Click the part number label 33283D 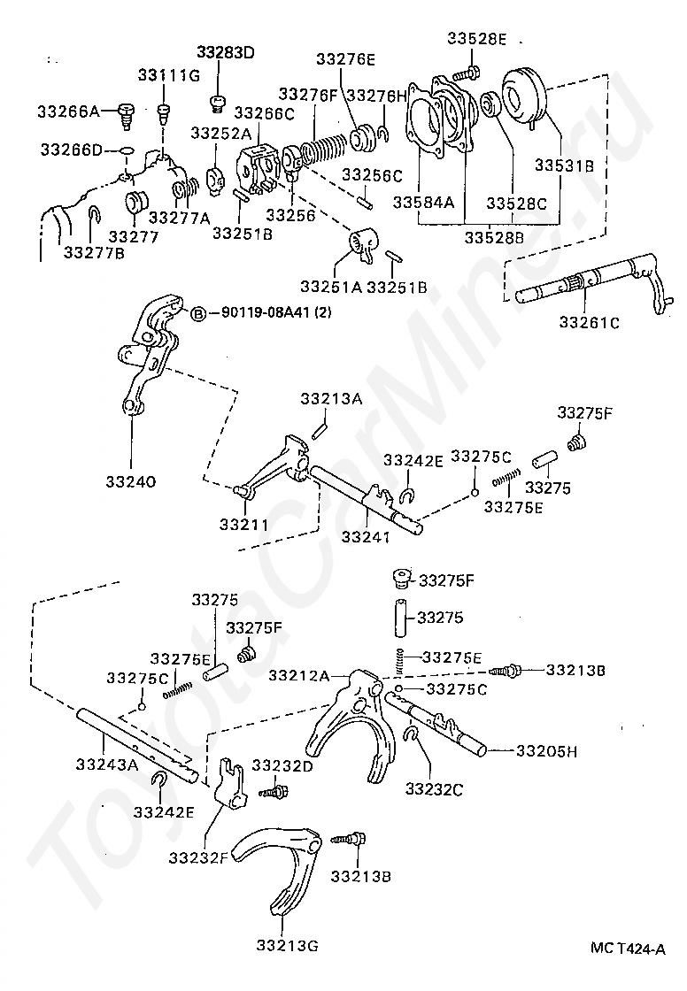coord(225,52)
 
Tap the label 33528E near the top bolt coord(476,39)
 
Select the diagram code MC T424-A coord(628,948)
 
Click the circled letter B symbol coord(199,312)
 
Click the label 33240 coord(131,482)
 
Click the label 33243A coord(106,764)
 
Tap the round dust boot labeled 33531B coord(523,97)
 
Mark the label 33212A coord(299,676)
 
